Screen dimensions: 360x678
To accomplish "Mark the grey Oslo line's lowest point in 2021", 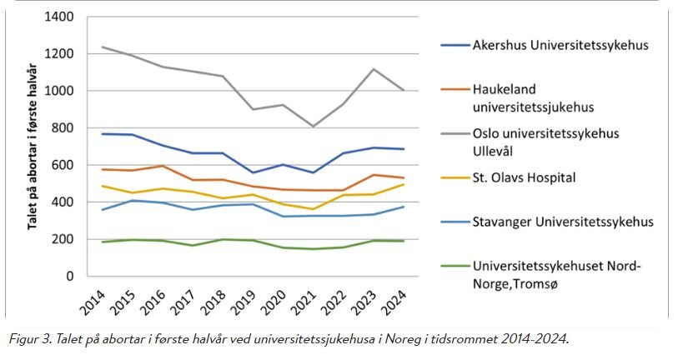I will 314,127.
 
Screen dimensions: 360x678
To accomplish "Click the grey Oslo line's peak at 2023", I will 374,69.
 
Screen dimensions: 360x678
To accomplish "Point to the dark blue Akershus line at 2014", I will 102,133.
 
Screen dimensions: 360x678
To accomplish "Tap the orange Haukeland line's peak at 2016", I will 163,166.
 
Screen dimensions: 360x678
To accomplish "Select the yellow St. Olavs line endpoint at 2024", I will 404,184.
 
